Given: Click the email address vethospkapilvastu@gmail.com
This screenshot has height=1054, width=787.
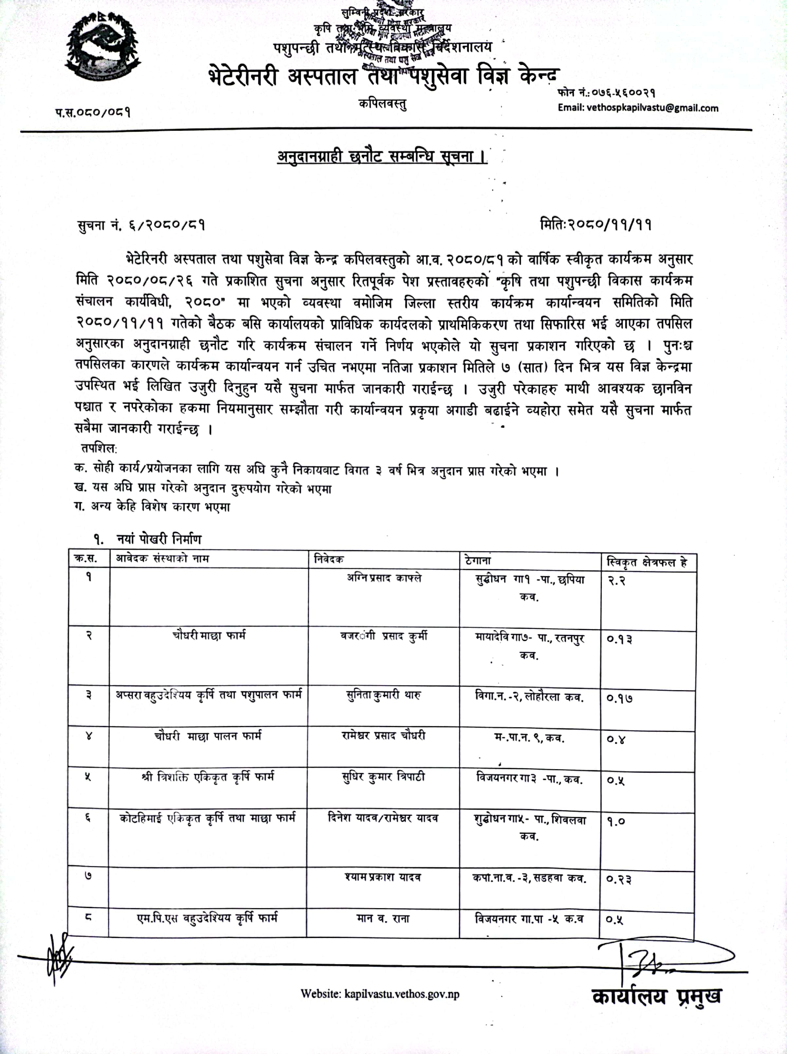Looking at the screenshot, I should click(638, 108).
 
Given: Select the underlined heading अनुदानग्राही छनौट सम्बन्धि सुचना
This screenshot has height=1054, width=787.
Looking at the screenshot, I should click(382, 157).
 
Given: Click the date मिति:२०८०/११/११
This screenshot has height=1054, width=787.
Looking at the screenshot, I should click(595, 224).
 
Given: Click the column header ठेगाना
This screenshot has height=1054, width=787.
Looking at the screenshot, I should click(478, 561).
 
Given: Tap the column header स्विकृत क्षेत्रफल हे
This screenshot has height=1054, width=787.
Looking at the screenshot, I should click(646, 563).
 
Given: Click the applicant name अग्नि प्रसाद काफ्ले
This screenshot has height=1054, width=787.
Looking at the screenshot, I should click(384, 578).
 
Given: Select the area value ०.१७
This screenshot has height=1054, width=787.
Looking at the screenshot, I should click(619, 698).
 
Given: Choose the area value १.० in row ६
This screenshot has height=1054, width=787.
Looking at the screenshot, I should click(616, 821).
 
